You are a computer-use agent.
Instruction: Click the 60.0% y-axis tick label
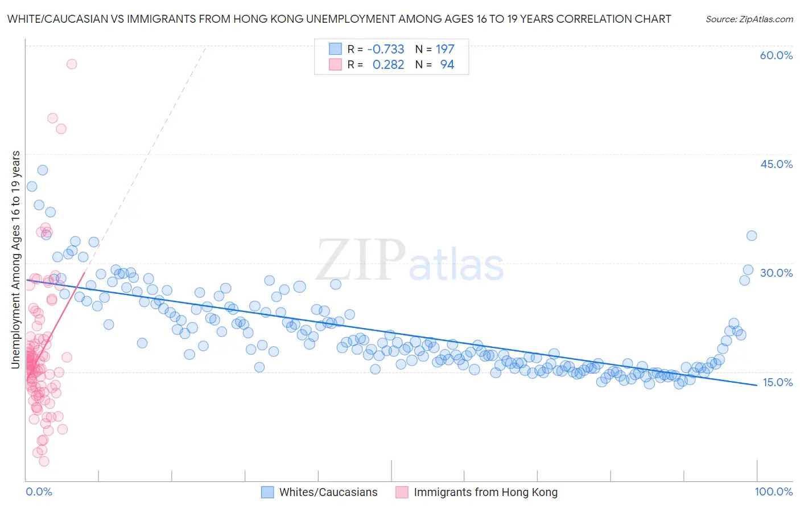click(776, 55)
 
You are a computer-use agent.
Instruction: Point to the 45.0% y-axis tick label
click(776, 164)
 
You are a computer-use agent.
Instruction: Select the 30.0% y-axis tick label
click(776, 273)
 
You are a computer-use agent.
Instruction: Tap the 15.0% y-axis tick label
click(777, 382)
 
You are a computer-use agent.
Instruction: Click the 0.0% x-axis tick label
click(39, 491)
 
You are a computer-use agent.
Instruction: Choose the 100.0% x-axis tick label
click(773, 491)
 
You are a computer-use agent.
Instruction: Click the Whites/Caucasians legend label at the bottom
click(328, 493)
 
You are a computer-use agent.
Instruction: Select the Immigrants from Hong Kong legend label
click(485, 493)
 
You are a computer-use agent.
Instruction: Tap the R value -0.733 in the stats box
click(386, 50)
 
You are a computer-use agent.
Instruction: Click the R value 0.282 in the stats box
click(388, 65)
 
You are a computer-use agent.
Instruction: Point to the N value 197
click(445, 50)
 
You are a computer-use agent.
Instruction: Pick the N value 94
click(447, 65)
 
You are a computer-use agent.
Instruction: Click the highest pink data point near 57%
click(72, 64)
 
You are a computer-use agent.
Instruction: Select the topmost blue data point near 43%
click(43, 170)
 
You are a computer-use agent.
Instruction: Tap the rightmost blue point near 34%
click(752, 236)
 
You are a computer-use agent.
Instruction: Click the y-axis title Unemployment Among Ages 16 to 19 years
click(16, 260)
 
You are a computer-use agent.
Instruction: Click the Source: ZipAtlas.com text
click(749, 19)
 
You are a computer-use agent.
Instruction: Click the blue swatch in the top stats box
click(335, 50)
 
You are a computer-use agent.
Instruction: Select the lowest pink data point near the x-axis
click(44, 461)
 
